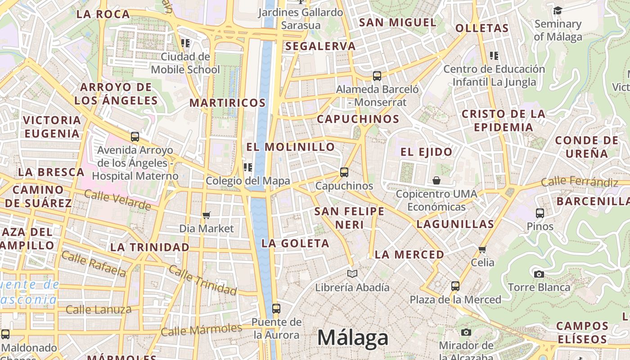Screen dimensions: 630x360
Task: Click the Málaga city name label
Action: (353, 337)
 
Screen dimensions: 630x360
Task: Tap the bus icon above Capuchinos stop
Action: (344, 172)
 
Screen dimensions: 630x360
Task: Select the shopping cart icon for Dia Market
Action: (207, 215)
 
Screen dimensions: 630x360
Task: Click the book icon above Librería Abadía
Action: (352, 274)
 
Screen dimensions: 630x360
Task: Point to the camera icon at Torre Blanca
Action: (539, 274)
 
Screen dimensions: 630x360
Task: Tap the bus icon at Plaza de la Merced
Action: (455, 286)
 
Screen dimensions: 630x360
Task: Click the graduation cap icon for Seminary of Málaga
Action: (558, 10)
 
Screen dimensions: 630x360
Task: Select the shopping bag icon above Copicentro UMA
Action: (436, 181)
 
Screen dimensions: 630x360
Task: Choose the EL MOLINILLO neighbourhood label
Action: (291, 147)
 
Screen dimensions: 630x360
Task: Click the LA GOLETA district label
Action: (296, 243)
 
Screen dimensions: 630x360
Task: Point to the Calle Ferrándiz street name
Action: (579, 182)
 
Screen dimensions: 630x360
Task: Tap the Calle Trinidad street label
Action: (202, 280)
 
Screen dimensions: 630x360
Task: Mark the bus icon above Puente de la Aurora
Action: (276, 309)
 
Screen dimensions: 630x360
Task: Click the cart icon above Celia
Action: (482, 249)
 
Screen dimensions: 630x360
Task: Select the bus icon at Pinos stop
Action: (540, 213)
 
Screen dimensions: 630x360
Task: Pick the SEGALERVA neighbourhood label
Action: (320, 46)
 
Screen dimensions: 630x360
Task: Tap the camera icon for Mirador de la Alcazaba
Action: (466, 332)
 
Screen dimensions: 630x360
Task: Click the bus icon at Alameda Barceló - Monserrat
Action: (377, 76)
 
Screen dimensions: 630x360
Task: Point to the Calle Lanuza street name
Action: (99, 310)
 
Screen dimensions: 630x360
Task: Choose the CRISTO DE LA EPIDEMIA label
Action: (504, 120)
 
